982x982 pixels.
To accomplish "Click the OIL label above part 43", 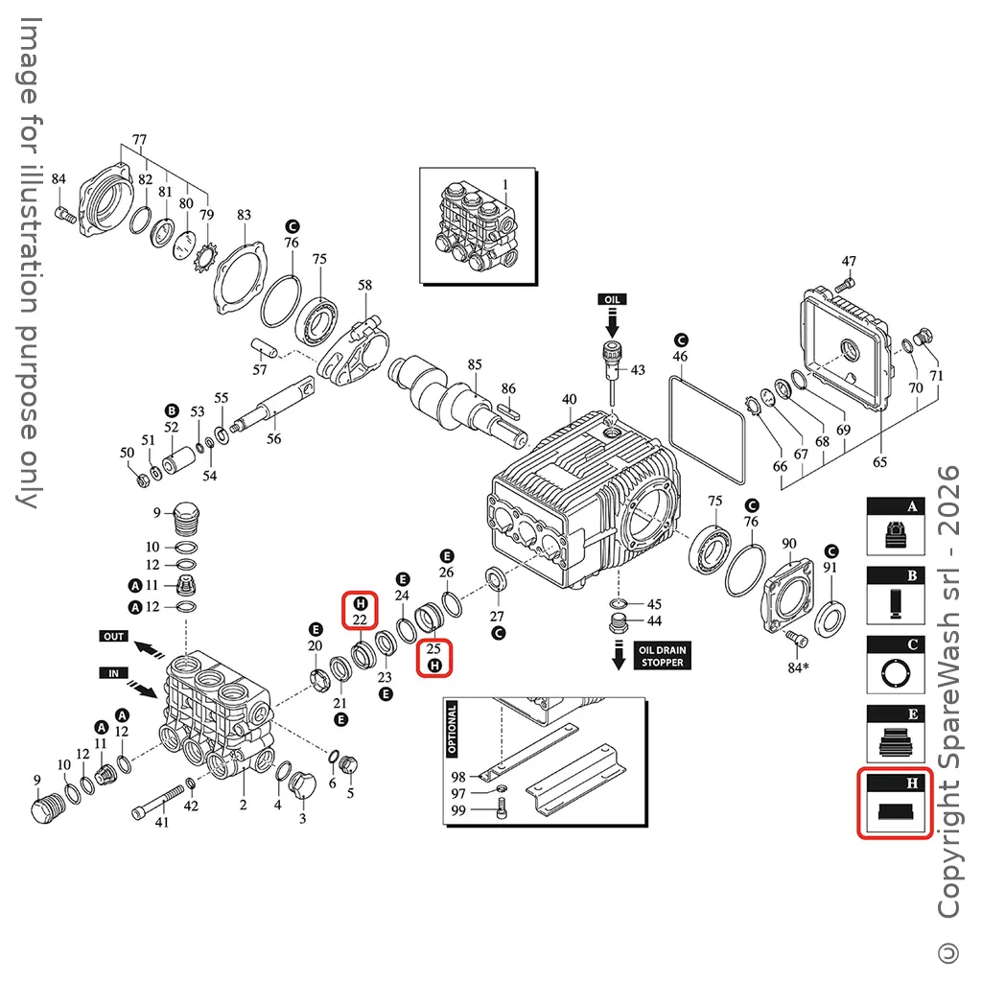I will [612, 299].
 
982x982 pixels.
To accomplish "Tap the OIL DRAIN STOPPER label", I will [662, 656].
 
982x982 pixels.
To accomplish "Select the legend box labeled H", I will [894, 804].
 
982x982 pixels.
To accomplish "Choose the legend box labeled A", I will [894, 526].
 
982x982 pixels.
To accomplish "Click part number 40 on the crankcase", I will [570, 399].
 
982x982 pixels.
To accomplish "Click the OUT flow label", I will [113, 636].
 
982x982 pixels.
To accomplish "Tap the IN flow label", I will [113, 673].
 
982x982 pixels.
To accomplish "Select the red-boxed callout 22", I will [360, 612].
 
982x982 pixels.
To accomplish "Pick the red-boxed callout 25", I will [433, 656].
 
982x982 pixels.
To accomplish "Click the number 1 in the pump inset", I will [505, 183].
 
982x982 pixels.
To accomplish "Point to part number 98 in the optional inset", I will [458, 776].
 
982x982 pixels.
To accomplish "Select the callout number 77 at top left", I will [139, 140].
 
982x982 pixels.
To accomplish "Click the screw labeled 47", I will [843, 284].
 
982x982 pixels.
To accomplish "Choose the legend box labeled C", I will [894, 665].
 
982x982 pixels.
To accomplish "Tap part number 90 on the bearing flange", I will [789, 544].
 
